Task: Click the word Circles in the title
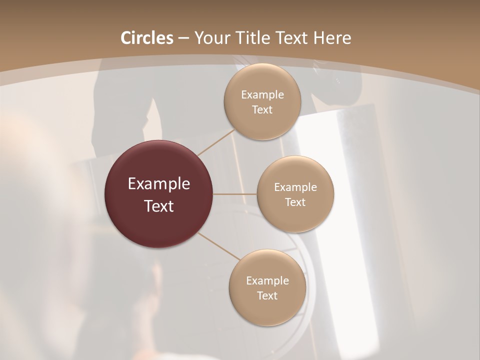146,38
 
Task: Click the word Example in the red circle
159,184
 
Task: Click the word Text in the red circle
159,206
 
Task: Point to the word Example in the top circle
262,95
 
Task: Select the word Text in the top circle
262,110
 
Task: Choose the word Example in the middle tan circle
295,187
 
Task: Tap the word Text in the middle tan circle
295,202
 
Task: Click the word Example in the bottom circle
267,281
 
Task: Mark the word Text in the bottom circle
267,296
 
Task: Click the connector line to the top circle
216,142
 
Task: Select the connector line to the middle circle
235,194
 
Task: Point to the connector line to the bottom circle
219,246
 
